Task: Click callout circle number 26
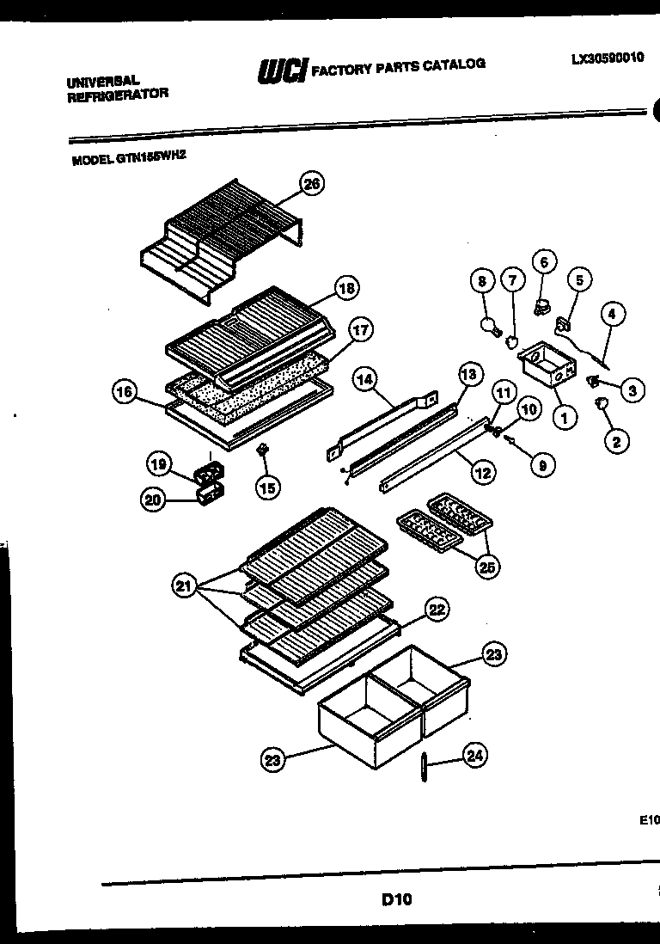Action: (x=311, y=183)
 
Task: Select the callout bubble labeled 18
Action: (x=346, y=289)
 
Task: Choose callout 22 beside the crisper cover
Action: (x=437, y=610)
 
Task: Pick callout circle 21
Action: (x=182, y=587)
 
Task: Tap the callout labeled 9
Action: (x=541, y=465)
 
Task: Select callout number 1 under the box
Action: (x=564, y=419)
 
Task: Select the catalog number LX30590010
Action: (x=607, y=59)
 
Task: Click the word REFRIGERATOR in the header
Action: (x=117, y=94)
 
